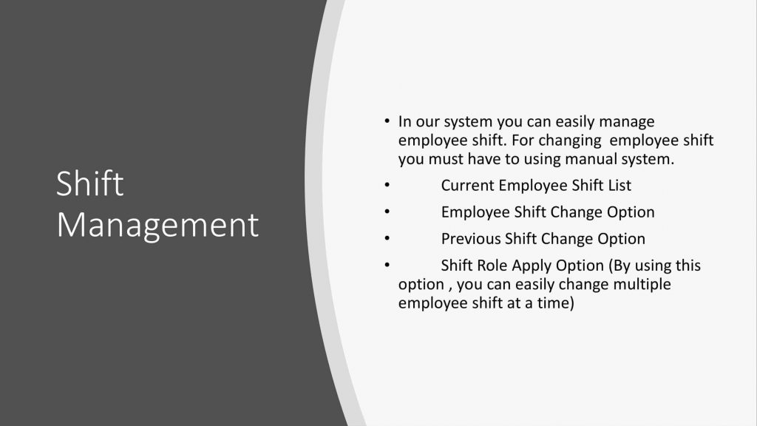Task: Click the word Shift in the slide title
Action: [89, 183]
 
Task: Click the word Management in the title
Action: [157, 225]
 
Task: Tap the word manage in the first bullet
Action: [627, 122]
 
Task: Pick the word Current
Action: [467, 186]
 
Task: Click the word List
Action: [619, 186]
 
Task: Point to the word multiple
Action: [642, 285]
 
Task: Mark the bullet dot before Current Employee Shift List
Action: [387, 184]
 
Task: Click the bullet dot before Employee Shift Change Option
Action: [387, 211]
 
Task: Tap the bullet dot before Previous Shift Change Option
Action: [387, 237]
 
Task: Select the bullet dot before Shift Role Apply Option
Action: [387, 264]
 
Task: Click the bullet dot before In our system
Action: [387, 121]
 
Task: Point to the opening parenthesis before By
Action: [611, 266]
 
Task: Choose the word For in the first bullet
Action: [523, 141]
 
